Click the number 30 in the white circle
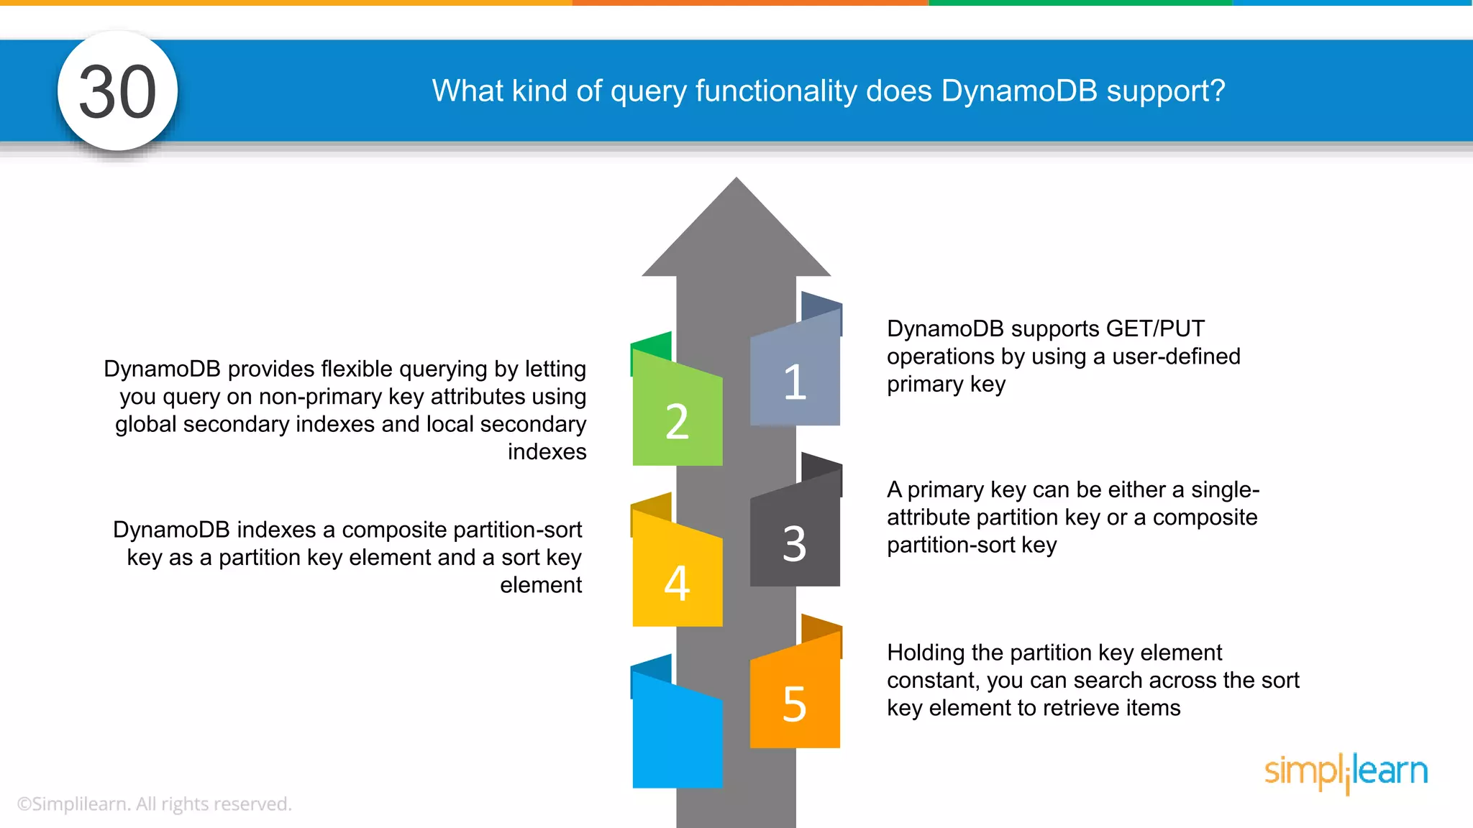[117, 92]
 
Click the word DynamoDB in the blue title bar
[1019, 91]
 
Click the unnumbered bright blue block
[677, 737]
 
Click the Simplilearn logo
[1346, 772]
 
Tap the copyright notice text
[154, 804]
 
